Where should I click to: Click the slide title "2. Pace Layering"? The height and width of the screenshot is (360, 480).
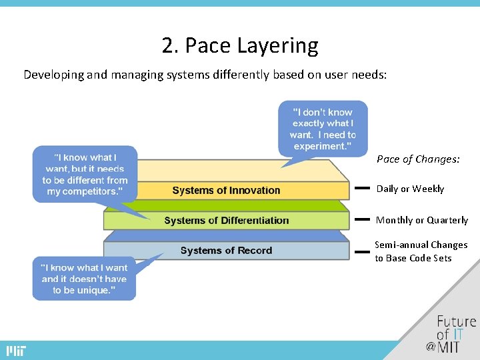(x=240, y=46)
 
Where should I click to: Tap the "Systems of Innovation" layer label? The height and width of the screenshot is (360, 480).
(x=226, y=191)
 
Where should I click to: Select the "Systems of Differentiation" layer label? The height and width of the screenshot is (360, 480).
(x=226, y=221)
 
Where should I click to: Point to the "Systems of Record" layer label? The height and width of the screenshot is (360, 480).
(x=226, y=251)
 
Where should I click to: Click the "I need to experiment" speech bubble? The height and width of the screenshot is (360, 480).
(x=323, y=129)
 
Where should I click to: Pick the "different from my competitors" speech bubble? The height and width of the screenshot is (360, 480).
(x=85, y=175)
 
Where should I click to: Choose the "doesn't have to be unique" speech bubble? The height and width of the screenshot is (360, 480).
(x=84, y=279)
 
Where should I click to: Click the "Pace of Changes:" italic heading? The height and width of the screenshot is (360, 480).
(x=418, y=159)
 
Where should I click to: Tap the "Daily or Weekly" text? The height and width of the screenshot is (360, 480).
(x=410, y=189)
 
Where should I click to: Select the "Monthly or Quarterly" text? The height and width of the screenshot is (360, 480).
(x=422, y=220)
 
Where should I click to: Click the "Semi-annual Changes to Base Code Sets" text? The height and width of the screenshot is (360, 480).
(x=421, y=251)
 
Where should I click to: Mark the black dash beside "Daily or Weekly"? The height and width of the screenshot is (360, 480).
(x=362, y=189)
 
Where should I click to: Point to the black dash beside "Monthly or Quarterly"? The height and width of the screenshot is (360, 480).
(x=362, y=219)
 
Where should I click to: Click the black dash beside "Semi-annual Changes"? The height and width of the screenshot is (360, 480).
(x=362, y=251)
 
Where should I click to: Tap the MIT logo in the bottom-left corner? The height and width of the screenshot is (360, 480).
(x=17, y=351)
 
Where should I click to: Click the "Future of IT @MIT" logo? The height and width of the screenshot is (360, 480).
(x=454, y=333)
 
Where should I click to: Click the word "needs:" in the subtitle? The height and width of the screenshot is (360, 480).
(x=370, y=75)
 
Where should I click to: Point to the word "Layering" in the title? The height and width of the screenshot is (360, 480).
(x=285, y=46)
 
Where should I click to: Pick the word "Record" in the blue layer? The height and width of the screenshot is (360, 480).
(x=254, y=251)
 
